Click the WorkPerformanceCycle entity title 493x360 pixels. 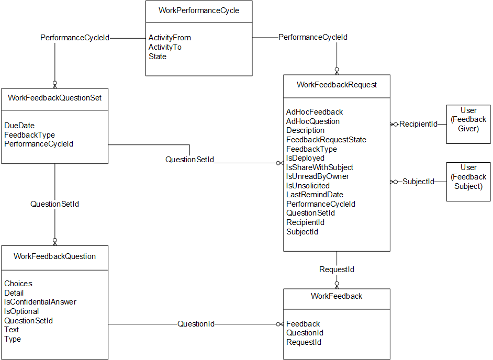[199, 10]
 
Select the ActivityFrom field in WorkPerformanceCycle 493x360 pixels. [170, 38]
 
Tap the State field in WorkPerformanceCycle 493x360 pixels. [158, 57]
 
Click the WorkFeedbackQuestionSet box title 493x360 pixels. [55, 98]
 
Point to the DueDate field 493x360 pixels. [19, 126]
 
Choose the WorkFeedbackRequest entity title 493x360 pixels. [337, 85]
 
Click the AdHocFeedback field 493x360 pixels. [315, 112]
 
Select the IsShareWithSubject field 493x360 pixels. [320, 167]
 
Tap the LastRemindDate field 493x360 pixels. [315, 195]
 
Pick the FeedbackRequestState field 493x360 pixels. [327, 140]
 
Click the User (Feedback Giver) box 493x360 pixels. [468, 124]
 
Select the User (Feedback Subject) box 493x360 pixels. [468, 182]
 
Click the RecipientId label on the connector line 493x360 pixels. [418, 124]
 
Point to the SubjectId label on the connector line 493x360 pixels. [418, 182]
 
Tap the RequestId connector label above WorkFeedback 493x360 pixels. [337, 269]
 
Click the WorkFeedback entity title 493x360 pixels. [337, 296]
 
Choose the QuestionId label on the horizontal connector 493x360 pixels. [196, 324]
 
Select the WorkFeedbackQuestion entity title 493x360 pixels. [55, 256]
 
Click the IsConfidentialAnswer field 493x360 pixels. [40, 302]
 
